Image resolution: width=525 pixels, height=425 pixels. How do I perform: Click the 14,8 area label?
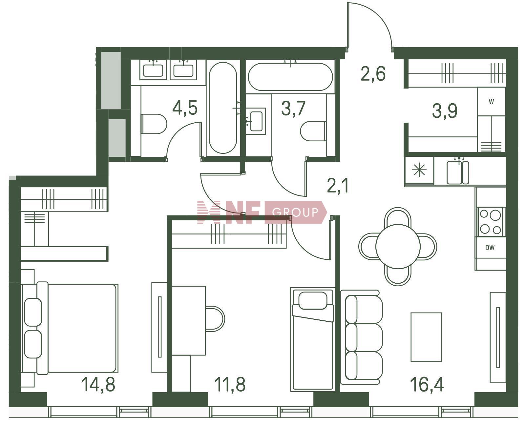click(98, 385)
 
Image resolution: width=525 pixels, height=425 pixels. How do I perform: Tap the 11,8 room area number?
click(230, 385)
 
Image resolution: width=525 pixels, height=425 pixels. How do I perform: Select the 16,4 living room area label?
click(427, 385)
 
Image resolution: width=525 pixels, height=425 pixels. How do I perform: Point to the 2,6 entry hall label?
click(373, 74)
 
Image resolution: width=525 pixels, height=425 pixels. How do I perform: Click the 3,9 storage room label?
click(445, 111)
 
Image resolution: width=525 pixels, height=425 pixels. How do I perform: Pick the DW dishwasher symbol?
click(490, 248)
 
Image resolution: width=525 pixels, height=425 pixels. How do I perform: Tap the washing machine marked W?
click(491, 102)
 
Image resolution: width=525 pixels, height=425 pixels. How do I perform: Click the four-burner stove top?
click(491, 222)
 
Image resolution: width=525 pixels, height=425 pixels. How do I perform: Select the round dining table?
click(398, 246)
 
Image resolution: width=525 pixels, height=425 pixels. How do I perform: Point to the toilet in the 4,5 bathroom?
click(154, 124)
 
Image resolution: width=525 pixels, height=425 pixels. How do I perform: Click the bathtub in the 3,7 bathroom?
click(290, 77)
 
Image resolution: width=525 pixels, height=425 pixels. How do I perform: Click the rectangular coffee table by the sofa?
click(426, 337)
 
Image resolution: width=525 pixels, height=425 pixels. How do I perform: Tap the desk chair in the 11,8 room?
click(215, 319)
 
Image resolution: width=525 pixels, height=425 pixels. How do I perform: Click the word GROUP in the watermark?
click(295, 212)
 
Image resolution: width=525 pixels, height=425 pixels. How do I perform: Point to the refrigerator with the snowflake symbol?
click(419, 171)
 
